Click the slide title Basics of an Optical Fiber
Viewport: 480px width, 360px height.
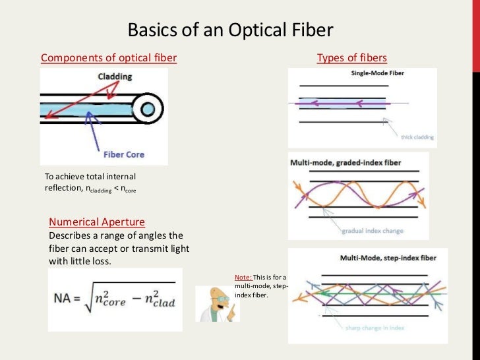(x=230, y=30)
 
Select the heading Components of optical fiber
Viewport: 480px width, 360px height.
(x=109, y=58)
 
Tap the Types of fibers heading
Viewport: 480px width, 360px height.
(x=351, y=58)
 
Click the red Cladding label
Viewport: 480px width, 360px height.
(x=115, y=76)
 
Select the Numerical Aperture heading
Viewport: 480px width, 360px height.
(x=97, y=222)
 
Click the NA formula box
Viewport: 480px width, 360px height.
(x=115, y=299)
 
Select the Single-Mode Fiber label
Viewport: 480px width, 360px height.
(x=377, y=73)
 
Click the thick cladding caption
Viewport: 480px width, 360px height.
(x=417, y=137)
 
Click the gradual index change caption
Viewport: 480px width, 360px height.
(x=373, y=231)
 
